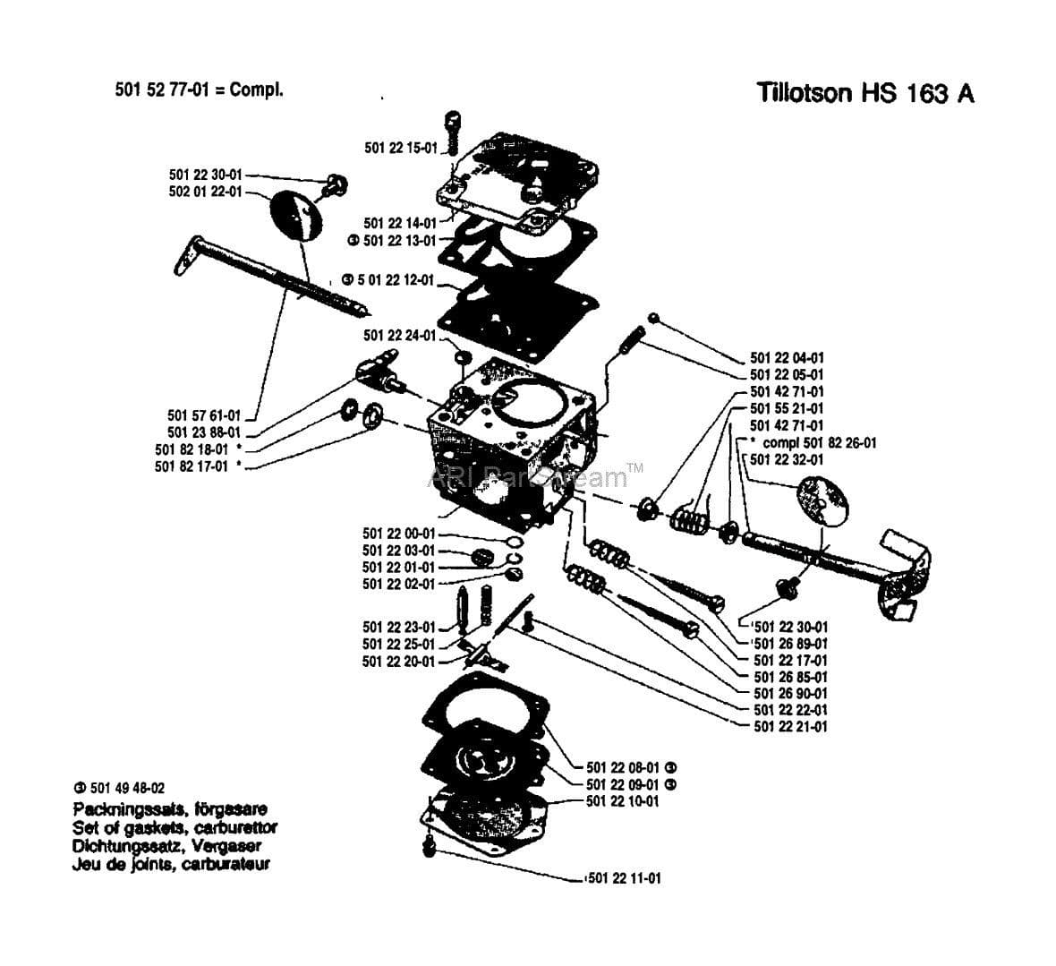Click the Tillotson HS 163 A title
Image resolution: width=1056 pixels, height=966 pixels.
pyautogui.click(x=864, y=93)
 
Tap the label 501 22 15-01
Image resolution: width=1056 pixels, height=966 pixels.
pyautogui.click(x=400, y=148)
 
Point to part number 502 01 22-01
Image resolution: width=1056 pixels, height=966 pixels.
pyautogui.click(x=205, y=192)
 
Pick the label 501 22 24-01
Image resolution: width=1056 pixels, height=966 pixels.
pyautogui.click(x=399, y=335)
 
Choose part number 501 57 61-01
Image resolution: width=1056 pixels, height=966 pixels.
pyautogui.click(x=204, y=415)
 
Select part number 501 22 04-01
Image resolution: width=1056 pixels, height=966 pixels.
pyautogui.click(x=787, y=357)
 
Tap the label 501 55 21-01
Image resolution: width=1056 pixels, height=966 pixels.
pyautogui.click(x=787, y=408)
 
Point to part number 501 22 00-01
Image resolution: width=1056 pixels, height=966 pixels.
pyautogui.click(x=398, y=534)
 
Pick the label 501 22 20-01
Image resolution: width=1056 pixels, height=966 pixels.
pyautogui.click(x=398, y=662)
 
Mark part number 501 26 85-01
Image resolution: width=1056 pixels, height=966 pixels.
pyautogui.click(x=790, y=677)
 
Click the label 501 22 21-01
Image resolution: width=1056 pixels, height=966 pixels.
pyautogui.click(x=790, y=726)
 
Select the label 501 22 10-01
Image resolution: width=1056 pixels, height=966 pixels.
pyautogui.click(x=622, y=800)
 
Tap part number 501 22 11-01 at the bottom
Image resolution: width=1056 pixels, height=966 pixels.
pyautogui.click(x=625, y=878)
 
